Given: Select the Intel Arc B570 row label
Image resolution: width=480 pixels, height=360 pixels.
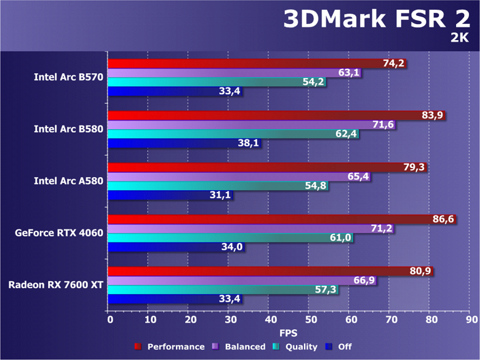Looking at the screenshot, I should tap(68, 78).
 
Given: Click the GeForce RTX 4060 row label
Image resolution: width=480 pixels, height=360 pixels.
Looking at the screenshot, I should tap(60, 233).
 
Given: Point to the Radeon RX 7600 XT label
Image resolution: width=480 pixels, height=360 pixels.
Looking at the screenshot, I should tap(56, 285).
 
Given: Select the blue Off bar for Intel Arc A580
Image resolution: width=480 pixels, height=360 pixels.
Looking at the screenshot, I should tap(157, 196).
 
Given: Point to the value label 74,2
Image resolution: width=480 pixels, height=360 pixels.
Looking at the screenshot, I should tap(394, 63).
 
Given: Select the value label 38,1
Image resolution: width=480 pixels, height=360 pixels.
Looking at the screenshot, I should tap(248, 143).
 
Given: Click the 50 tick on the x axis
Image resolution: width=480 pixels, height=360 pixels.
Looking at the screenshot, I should tap(311, 320).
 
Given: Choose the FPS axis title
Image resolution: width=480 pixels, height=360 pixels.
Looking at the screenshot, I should tap(289, 333).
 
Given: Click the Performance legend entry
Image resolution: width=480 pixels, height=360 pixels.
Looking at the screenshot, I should tap(169, 347).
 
